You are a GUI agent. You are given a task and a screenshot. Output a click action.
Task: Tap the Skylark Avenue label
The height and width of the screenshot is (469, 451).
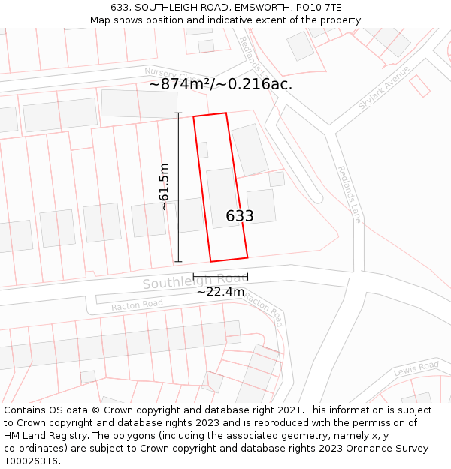click(x=384, y=88)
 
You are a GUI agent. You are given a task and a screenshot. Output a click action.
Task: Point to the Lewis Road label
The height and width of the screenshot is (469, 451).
click(x=416, y=368)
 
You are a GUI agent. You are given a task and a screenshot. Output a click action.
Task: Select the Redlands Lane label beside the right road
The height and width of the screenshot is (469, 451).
click(x=349, y=194)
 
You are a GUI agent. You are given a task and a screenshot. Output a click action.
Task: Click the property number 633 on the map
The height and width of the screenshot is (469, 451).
click(x=240, y=216)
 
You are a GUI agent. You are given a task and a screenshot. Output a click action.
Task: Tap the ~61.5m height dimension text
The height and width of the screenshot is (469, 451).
click(x=164, y=187)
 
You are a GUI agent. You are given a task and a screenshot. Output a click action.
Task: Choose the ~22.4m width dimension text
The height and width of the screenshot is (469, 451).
click(x=220, y=291)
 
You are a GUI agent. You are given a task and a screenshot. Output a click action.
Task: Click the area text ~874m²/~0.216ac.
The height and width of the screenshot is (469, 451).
click(x=220, y=84)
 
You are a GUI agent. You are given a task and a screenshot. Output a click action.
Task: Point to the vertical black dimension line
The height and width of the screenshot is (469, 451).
click(x=178, y=188)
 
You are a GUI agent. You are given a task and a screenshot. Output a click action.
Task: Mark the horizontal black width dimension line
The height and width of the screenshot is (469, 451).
click(x=220, y=277)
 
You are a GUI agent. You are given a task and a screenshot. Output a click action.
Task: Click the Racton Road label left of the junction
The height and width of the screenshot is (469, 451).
click(x=137, y=305)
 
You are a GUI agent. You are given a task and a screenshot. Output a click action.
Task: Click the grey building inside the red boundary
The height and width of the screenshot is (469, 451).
click(x=223, y=197)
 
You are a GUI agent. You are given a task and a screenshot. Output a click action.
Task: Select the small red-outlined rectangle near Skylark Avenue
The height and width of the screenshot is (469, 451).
click(x=419, y=86)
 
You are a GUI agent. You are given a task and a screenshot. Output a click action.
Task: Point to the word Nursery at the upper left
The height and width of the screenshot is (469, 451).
click(x=159, y=73)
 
